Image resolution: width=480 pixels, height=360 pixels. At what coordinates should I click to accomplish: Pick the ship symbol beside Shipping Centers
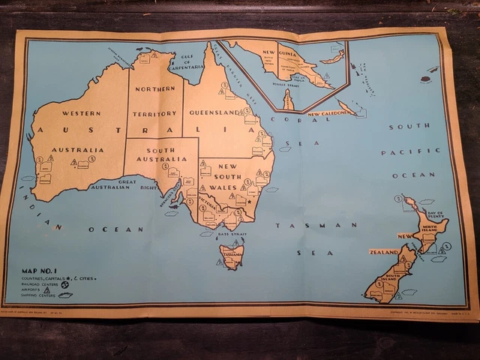pos(66,295)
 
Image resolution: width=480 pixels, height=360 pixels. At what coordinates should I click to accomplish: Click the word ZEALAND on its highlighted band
pos(383,252)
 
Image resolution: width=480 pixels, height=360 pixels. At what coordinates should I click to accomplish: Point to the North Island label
pos(434,228)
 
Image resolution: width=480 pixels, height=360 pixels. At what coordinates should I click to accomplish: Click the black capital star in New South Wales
pos(249,201)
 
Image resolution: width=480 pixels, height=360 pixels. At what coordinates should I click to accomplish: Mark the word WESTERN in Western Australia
pos(82,113)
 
